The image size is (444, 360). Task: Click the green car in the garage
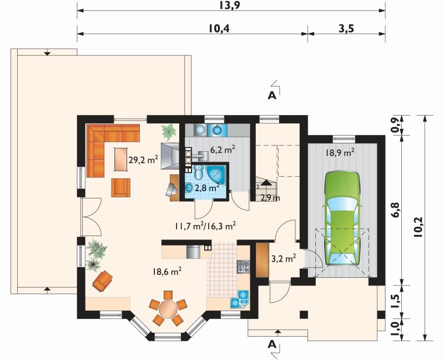(342, 218)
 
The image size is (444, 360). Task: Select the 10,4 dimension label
(219, 28)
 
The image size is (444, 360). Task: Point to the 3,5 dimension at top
(346, 28)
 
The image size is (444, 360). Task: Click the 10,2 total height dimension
(418, 227)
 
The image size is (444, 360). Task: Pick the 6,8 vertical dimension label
(396, 210)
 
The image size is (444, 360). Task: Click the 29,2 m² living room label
(143, 160)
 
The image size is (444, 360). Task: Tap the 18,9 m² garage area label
(340, 153)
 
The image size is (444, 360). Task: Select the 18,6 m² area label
(167, 272)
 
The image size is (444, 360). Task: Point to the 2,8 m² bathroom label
(206, 187)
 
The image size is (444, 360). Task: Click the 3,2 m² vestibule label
(284, 258)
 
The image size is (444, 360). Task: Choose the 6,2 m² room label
(223, 149)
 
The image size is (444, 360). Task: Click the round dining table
(168, 309)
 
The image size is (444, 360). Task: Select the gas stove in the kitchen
(243, 267)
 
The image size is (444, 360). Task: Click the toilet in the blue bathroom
(199, 172)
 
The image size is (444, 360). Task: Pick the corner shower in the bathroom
(216, 174)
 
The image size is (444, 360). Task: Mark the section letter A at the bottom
(272, 344)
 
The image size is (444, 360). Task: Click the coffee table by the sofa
(121, 159)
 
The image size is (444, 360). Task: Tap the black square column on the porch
(304, 315)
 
